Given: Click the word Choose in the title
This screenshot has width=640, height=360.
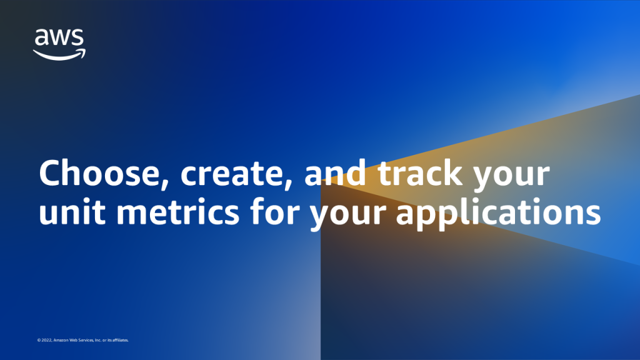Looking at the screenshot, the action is pyautogui.click(x=100, y=173).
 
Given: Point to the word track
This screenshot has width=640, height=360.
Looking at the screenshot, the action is pyautogui.click(x=420, y=173).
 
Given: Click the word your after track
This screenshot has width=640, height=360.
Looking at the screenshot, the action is pyautogui.click(x=511, y=179).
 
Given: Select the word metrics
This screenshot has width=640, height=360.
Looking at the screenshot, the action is pyautogui.click(x=178, y=211).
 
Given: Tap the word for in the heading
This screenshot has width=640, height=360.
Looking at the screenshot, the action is pyautogui.click(x=275, y=211).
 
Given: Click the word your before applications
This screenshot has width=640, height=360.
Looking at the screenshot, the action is pyautogui.click(x=348, y=217).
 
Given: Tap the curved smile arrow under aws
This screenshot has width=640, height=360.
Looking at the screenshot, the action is pyautogui.click(x=59, y=55).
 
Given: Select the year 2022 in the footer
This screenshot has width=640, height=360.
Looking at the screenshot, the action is pyautogui.click(x=46, y=340).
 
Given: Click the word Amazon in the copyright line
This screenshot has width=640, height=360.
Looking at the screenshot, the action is pyautogui.click(x=61, y=340).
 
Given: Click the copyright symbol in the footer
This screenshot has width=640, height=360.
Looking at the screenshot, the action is pyautogui.click(x=39, y=340).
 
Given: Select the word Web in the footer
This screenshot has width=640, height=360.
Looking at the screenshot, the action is pyautogui.click(x=74, y=340).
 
